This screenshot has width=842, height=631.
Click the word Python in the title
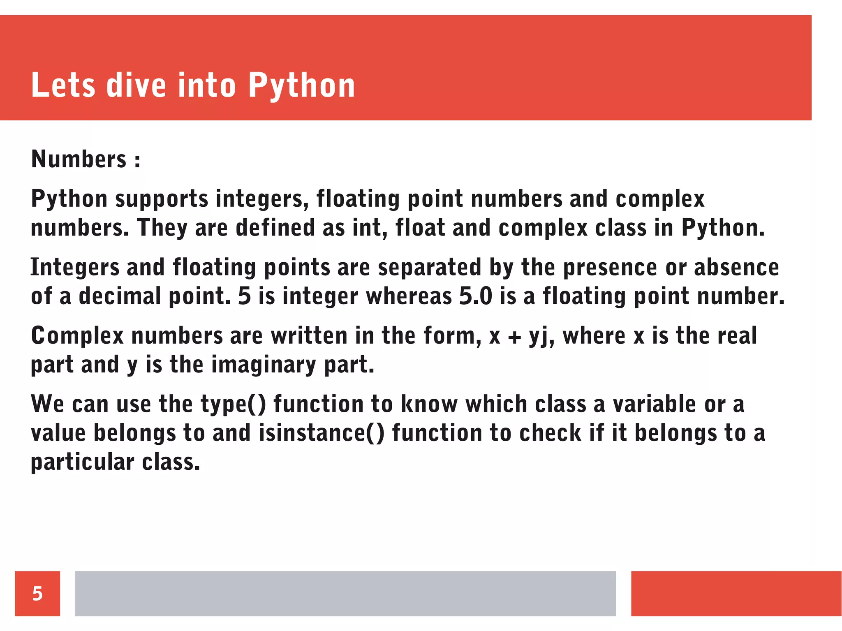301,86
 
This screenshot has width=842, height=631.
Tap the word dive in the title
136,86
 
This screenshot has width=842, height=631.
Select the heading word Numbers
79,159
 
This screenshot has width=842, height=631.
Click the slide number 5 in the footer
37,593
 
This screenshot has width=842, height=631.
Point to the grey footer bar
345,593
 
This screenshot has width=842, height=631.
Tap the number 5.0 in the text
476,296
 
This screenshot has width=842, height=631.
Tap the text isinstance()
322,433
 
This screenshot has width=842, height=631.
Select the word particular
82,462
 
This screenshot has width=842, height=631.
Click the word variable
655,404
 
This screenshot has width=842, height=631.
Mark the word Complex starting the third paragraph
77,336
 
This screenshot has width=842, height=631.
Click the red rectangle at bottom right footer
736,593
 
